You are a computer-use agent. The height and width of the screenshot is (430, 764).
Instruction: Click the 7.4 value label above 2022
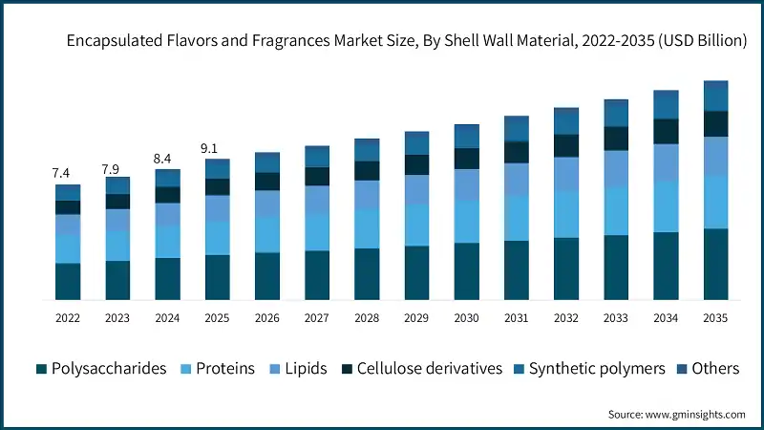pyautogui.click(x=60, y=173)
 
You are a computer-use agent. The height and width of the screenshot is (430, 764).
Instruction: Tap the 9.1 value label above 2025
pyautogui.click(x=209, y=148)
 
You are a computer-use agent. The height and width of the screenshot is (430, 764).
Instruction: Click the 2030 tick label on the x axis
pyautogui.click(x=466, y=317)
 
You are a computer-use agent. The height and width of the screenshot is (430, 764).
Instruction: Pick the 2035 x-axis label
pyautogui.click(x=715, y=317)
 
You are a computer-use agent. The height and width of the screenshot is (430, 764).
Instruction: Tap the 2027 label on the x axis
pyautogui.click(x=317, y=317)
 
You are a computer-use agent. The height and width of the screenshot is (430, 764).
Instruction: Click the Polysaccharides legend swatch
pyautogui.click(x=41, y=369)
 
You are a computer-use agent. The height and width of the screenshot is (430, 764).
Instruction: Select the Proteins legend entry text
pyautogui.click(x=224, y=369)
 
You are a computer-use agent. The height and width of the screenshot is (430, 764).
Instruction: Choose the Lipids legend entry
pyautogui.click(x=307, y=369)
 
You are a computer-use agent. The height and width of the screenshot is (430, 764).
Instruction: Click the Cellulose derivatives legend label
pyautogui.click(x=429, y=369)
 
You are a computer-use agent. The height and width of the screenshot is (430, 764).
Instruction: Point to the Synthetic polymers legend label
pyautogui.click(x=597, y=369)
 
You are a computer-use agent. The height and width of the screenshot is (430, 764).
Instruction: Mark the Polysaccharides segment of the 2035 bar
pyautogui.click(x=715, y=264)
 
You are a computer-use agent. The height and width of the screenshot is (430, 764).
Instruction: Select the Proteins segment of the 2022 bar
pyautogui.click(x=68, y=248)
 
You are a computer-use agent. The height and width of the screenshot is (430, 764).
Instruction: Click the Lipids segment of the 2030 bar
pyautogui.click(x=466, y=184)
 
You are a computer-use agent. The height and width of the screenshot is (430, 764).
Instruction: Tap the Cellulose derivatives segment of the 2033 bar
pyautogui.click(x=616, y=138)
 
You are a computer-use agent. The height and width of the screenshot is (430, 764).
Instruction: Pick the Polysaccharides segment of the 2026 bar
pyautogui.click(x=267, y=276)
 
